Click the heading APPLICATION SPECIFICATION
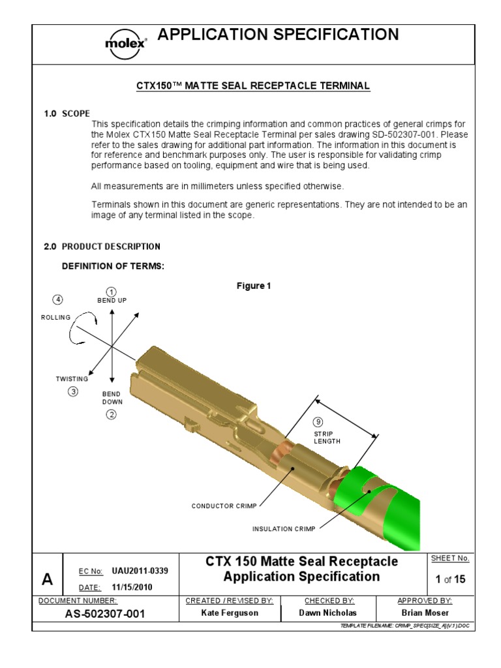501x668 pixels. coord(278,35)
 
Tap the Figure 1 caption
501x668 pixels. coord(253,286)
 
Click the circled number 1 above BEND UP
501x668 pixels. coord(112,292)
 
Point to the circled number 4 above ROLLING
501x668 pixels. coord(58,299)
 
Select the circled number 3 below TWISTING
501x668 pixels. coord(73,391)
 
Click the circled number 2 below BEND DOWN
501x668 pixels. coord(112,415)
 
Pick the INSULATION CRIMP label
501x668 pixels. coord(284,529)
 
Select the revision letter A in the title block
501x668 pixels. coord(47,579)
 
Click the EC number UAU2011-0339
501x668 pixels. coord(140,571)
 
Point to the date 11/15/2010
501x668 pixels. coord(132,587)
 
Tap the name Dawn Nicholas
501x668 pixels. coord(329,613)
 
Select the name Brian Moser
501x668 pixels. coord(425,613)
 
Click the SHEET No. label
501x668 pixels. coord(450,558)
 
